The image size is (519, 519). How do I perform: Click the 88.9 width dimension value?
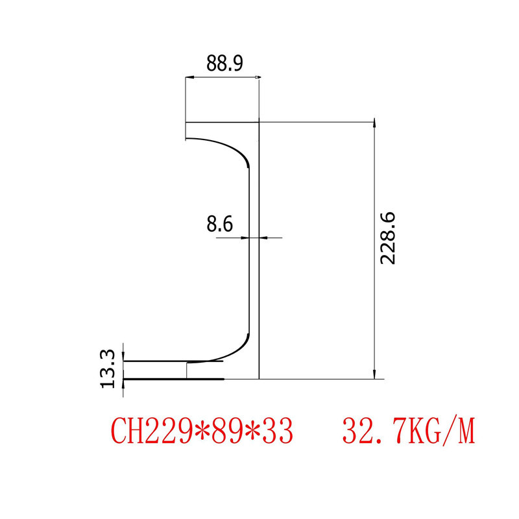pyautogui.click(x=224, y=63)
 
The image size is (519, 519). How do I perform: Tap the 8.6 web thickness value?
pyautogui.click(x=219, y=224)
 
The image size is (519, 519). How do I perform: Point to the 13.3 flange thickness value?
pyautogui.click(x=108, y=368)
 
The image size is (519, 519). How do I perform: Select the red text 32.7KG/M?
pyautogui.click(x=409, y=431)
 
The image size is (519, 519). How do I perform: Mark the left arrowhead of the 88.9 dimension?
pyautogui.click(x=189, y=78)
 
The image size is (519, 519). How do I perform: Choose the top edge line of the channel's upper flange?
pyautogui.click(x=222, y=122)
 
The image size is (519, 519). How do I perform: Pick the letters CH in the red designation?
pyautogui.click(x=127, y=431)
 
